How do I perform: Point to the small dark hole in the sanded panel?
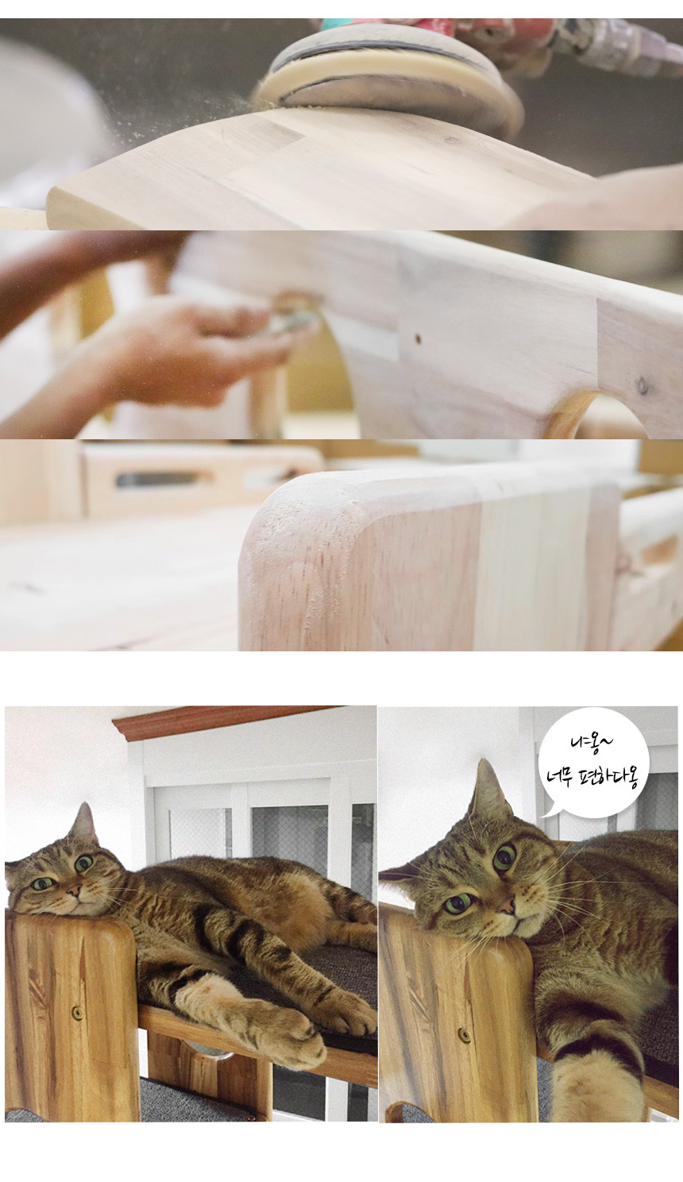(418, 338)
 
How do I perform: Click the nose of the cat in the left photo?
(75, 890)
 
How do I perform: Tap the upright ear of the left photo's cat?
(84, 824)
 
